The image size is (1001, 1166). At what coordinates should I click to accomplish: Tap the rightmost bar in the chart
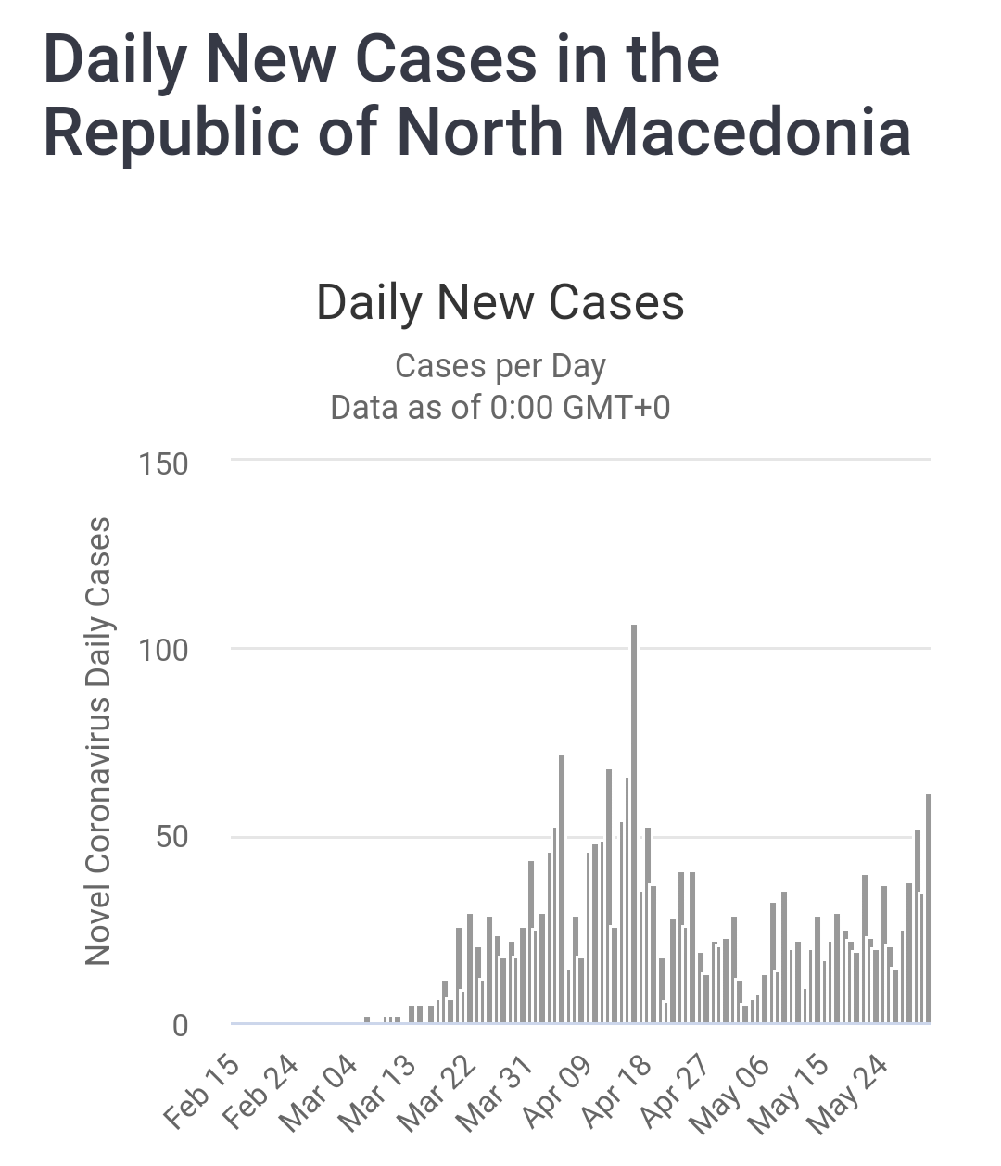(928, 908)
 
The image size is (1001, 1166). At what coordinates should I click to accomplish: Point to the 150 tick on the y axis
(164, 463)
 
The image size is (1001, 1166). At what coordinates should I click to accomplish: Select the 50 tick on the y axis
(171, 838)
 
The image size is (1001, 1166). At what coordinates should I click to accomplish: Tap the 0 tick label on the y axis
(180, 1025)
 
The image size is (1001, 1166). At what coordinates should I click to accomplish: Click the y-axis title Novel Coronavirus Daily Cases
(98, 741)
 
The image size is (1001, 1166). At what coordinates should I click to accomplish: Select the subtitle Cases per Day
(500, 366)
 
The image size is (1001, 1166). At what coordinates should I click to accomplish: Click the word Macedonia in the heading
(747, 132)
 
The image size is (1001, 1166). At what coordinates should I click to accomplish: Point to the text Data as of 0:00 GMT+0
(500, 407)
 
